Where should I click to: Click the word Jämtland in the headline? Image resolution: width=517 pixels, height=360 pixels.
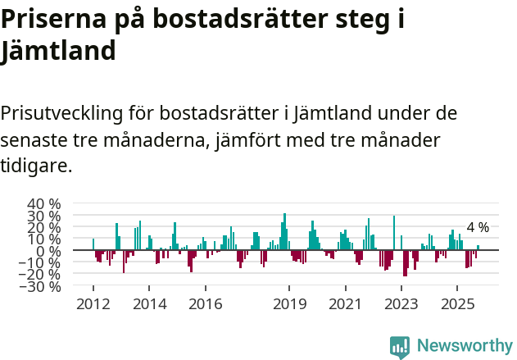[x=58, y=51]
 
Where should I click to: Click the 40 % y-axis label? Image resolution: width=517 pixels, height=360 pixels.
[x=44, y=203]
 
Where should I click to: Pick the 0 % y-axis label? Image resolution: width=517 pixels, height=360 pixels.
[x=50, y=251]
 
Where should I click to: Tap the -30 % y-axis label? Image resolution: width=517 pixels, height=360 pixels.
[x=41, y=286]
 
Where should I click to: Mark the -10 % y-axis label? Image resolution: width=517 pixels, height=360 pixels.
[x=41, y=262]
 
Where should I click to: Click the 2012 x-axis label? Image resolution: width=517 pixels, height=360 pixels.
[x=93, y=304]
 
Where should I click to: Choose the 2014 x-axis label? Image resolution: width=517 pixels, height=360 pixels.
[x=149, y=304]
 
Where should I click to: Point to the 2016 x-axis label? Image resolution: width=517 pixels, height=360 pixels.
[x=205, y=304]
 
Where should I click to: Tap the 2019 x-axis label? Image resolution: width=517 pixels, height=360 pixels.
[x=289, y=304]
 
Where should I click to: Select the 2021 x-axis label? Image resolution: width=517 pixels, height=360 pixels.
[x=345, y=304]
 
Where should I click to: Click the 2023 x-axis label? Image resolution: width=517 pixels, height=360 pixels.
[x=401, y=304]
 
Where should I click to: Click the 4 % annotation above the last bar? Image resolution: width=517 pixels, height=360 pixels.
[x=478, y=227]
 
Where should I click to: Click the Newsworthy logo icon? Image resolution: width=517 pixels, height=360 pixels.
[x=400, y=347]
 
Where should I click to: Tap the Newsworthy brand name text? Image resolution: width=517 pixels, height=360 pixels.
[x=465, y=346]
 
